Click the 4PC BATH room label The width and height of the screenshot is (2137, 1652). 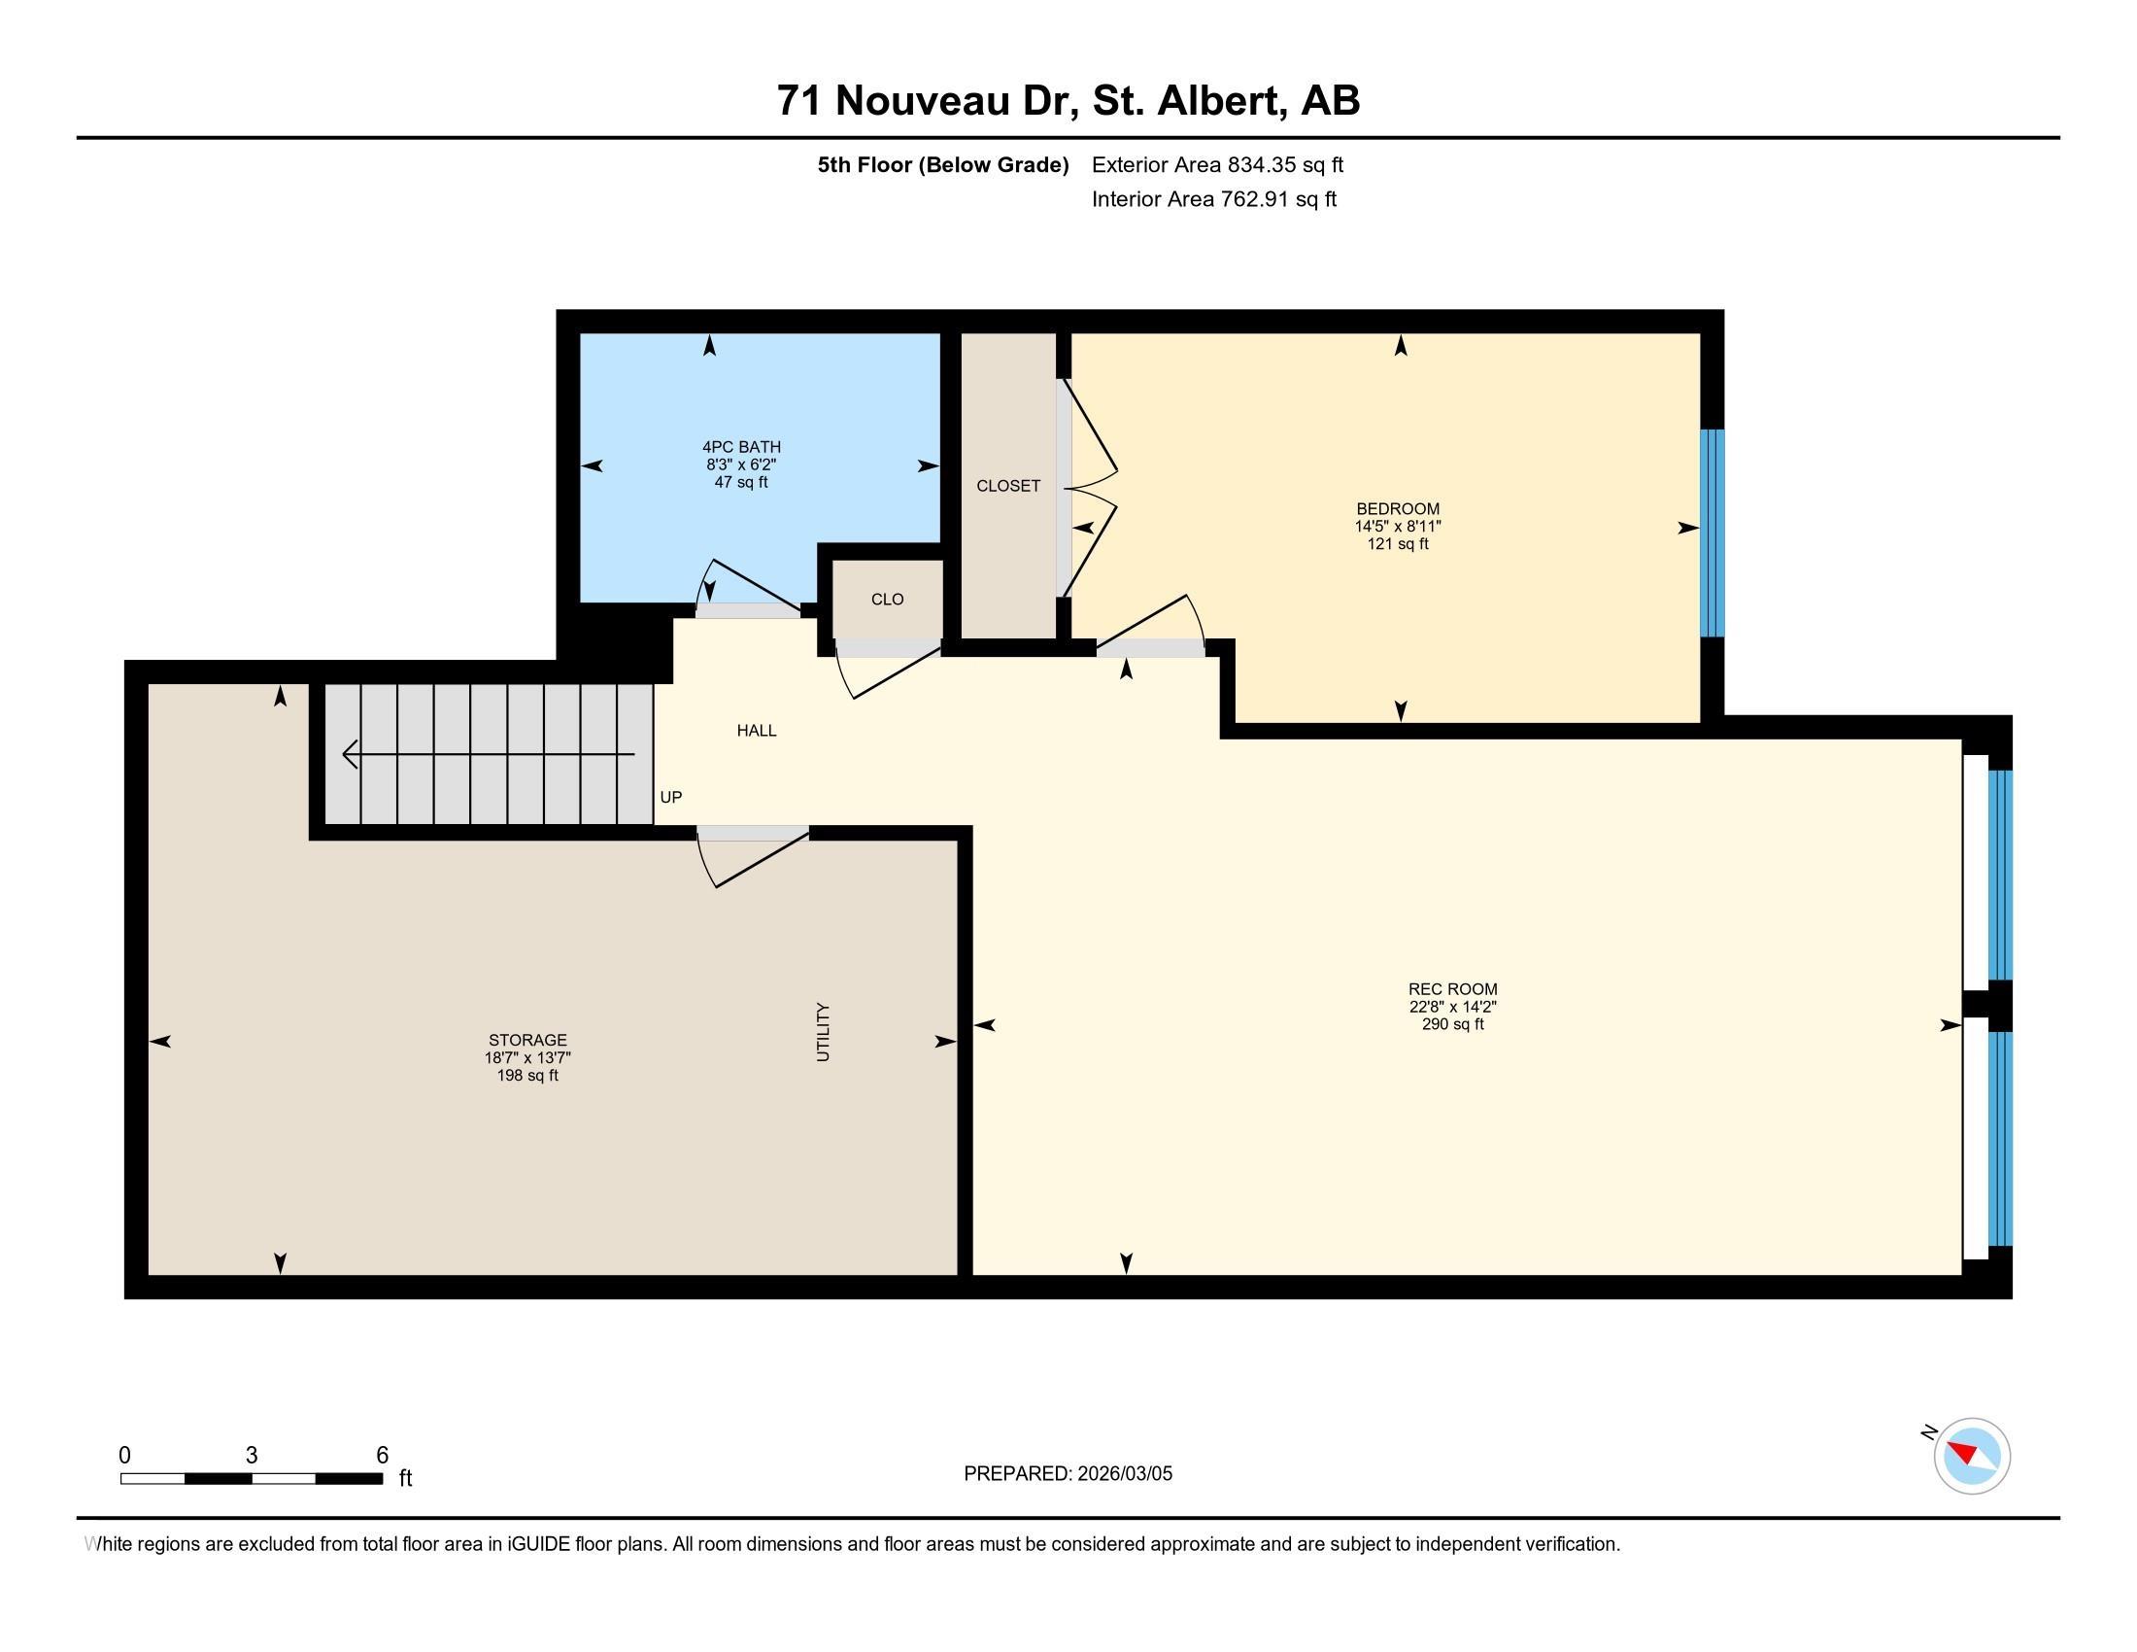pyautogui.click(x=741, y=447)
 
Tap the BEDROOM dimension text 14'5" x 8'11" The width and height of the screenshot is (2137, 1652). pyautogui.click(x=1397, y=527)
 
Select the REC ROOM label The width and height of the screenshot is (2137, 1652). pyautogui.click(x=1452, y=989)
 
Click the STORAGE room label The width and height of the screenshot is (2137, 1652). pyautogui.click(x=527, y=1041)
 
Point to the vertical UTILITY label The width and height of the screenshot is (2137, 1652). pyautogui.click(x=823, y=1031)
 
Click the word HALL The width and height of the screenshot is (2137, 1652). pyautogui.click(x=757, y=730)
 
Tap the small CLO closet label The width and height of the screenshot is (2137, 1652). pyautogui.click(x=888, y=599)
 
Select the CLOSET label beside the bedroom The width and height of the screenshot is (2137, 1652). pyautogui.click(x=1008, y=486)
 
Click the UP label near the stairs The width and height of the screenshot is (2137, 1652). pyautogui.click(x=670, y=797)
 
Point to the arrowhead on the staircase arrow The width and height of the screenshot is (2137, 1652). pyautogui.click(x=350, y=754)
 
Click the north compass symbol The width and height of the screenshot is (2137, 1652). pyautogui.click(x=1971, y=1456)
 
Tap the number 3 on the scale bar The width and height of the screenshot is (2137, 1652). pyautogui.click(x=252, y=1456)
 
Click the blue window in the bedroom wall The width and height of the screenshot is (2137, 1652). pyautogui.click(x=1712, y=533)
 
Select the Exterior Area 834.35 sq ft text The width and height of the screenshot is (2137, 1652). pyautogui.click(x=1217, y=164)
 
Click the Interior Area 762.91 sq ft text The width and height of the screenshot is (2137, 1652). pyautogui.click(x=1213, y=199)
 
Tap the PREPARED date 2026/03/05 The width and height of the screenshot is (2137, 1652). pyautogui.click(x=1122, y=1473)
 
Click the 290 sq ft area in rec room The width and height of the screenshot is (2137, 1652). pyautogui.click(x=1452, y=1024)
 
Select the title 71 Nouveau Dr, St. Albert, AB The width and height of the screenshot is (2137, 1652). pyautogui.click(x=1068, y=101)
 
